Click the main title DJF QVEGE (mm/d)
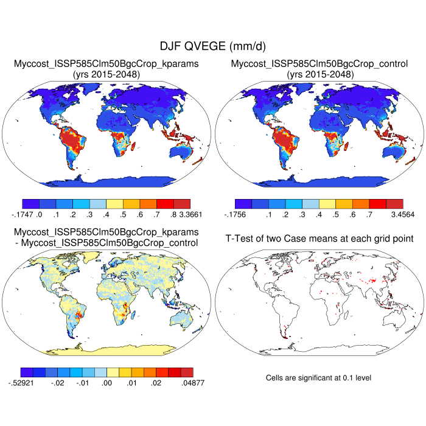coord(212,46)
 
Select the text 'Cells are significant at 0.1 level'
coord(318,378)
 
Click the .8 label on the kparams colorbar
coord(166,214)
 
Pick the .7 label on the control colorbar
coord(369,214)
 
